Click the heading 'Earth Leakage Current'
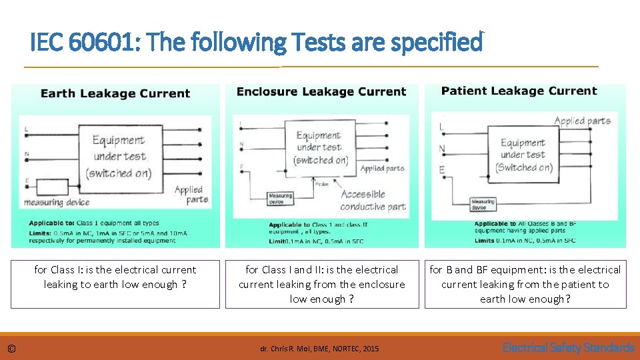[115, 94]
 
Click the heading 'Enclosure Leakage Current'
[321, 92]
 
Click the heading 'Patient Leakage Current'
[519, 91]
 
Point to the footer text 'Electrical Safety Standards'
[568, 347]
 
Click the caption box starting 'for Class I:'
[115, 284]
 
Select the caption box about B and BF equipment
[525, 284]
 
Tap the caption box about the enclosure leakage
[322, 284]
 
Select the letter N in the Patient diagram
[442, 148]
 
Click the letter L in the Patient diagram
[441, 127]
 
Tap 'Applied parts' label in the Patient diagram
[582, 121]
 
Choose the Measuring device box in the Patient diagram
[483, 203]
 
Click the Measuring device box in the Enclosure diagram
[280, 199]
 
